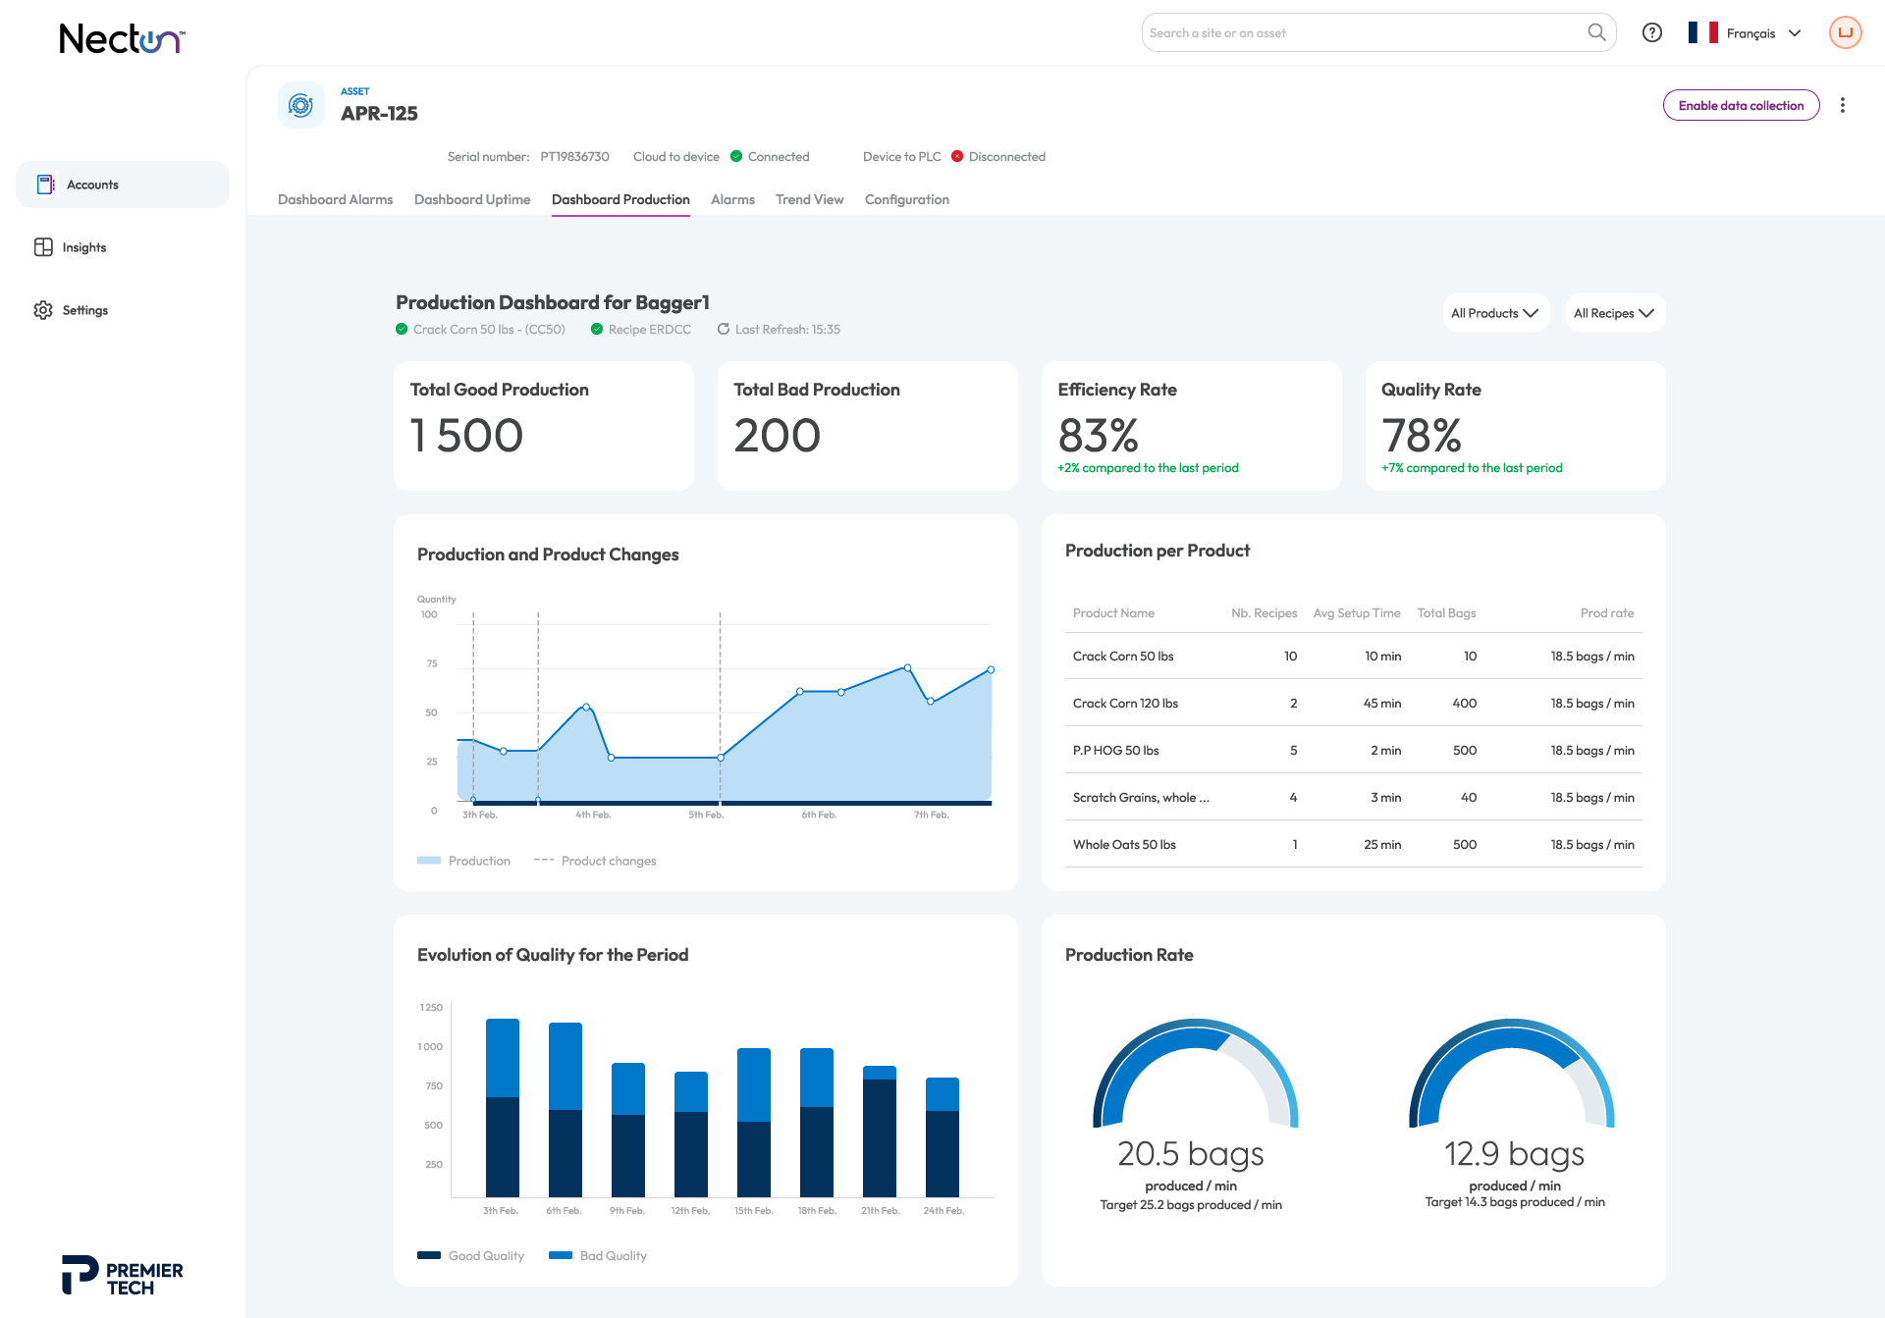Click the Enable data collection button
[1741, 105]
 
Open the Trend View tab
[809, 199]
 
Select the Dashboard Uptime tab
[472, 199]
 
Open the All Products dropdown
[1495, 313]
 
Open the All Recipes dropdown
[1614, 313]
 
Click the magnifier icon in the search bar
[1596, 32]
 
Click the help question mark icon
[1652, 32]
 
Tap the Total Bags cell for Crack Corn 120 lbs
[1465, 704]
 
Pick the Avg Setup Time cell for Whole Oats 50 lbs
[1382, 845]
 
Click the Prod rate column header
[1607, 613]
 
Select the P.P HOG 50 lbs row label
[1115, 751]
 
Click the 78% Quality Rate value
[1421, 436]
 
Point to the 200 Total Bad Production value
[777, 436]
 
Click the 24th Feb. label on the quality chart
[943, 1211]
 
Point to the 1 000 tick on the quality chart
[430, 1047]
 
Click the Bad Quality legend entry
[598, 1256]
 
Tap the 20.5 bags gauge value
[1191, 1154]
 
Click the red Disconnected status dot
[957, 156]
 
